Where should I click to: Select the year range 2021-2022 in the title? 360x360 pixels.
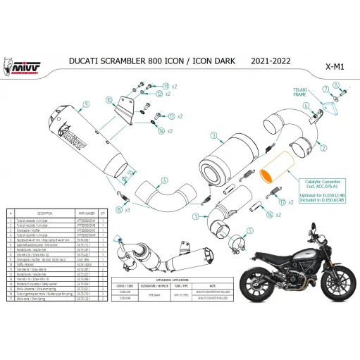[273, 62]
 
